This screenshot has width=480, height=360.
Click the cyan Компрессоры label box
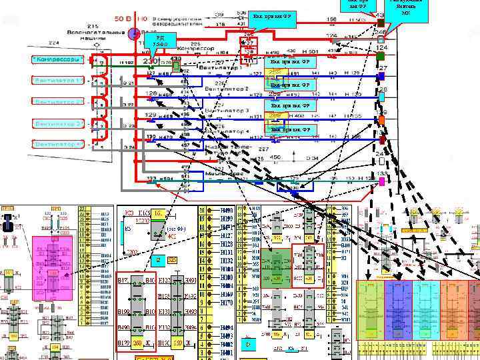coord(58,60)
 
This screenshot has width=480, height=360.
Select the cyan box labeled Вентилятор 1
coord(58,81)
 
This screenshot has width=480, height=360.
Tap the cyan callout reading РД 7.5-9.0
coord(160,41)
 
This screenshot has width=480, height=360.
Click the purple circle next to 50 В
coord(134,33)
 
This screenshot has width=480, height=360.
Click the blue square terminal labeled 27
coord(381,77)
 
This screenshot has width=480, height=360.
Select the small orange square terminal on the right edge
coord(381,120)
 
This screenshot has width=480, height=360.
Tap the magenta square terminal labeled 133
coord(381,181)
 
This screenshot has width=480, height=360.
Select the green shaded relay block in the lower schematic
coord(275,268)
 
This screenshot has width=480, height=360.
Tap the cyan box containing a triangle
coord(249,344)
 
